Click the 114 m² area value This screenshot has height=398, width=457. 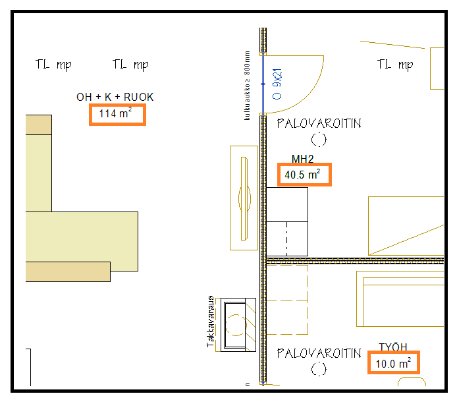pyautogui.click(x=116, y=114)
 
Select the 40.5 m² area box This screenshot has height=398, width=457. pyautogui.click(x=303, y=175)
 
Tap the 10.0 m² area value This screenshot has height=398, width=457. pyautogui.click(x=393, y=363)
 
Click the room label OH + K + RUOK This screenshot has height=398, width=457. pyautogui.click(x=115, y=97)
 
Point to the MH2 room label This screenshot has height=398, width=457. pyautogui.click(x=302, y=159)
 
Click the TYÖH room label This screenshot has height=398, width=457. pyautogui.click(x=393, y=347)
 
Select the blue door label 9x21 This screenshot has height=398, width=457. pyautogui.click(x=277, y=83)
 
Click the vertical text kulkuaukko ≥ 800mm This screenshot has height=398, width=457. pyautogui.click(x=247, y=86)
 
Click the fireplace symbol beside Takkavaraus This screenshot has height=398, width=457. pyautogui.click(x=238, y=324)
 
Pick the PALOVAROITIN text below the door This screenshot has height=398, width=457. pyautogui.click(x=319, y=124)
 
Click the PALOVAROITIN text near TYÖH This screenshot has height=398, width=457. pyautogui.click(x=319, y=353)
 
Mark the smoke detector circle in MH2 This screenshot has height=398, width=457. pyautogui.click(x=319, y=139)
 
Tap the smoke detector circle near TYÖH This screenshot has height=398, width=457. pyautogui.click(x=319, y=368)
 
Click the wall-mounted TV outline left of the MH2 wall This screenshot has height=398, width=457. pyautogui.click(x=244, y=198)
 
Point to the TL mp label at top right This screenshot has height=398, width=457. pyautogui.click(x=395, y=65)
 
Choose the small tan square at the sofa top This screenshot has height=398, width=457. pyautogui.click(x=38, y=124)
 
